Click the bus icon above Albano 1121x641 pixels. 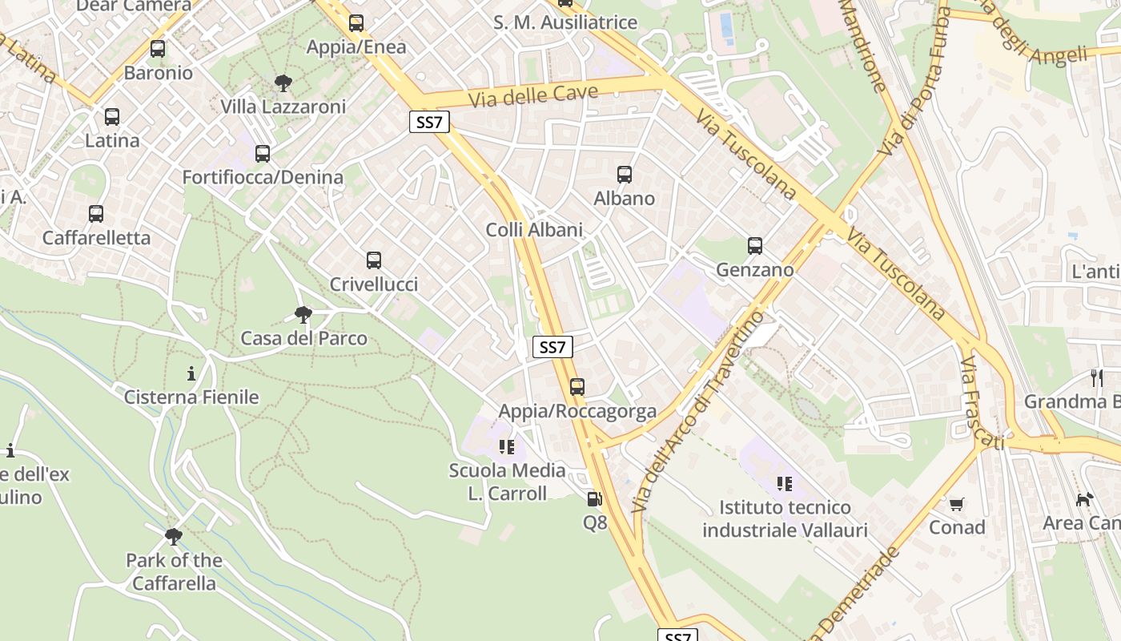[x=625, y=174]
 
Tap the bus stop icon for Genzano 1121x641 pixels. [x=754, y=246]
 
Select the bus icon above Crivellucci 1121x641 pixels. [x=374, y=260]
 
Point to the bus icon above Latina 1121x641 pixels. [x=112, y=117]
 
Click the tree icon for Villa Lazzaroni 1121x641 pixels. [x=283, y=83]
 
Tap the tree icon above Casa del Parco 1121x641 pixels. [x=303, y=314]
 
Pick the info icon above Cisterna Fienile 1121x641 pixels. [x=191, y=373]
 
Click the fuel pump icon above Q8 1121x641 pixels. [x=594, y=499]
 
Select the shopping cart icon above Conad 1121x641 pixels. [x=956, y=504]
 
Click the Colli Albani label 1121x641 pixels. [x=534, y=230]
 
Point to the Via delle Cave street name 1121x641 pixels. [x=533, y=96]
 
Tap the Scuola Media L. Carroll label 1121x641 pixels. [x=507, y=482]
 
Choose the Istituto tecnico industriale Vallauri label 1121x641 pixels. [x=785, y=518]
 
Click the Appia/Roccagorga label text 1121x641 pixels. [x=577, y=412]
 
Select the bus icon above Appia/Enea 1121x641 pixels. [x=356, y=23]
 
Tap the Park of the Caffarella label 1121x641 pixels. [x=174, y=571]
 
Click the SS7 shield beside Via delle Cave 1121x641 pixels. [x=430, y=122]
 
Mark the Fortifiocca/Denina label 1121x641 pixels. [x=263, y=177]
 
